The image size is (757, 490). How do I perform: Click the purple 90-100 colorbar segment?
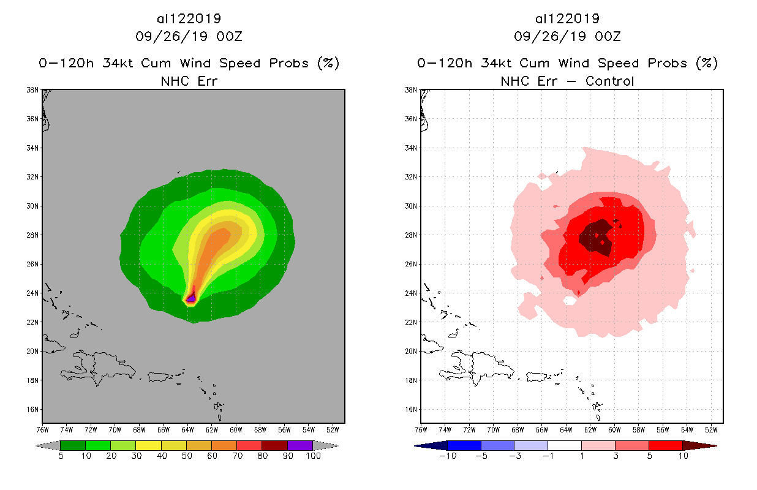coord(300,445)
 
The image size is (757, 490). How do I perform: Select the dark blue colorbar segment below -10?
coord(431,445)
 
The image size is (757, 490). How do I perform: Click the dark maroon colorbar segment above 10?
coord(699,445)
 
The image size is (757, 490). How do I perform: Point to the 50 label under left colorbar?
coord(186,456)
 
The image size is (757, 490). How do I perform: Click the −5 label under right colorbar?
coord(481,456)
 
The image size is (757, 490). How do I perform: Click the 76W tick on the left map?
coord(42,429)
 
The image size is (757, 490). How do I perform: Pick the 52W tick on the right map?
coord(711,429)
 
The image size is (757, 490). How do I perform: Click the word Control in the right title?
coord(609,81)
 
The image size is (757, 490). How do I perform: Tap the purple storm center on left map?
coord(191,298)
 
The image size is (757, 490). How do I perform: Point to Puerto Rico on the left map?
coord(157,375)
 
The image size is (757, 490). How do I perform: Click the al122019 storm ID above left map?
coord(189,18)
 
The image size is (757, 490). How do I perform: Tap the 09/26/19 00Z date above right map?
coord(567,36)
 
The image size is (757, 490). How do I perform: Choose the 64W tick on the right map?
coord(566,429)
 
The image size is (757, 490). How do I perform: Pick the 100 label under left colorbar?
coord(313,456)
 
